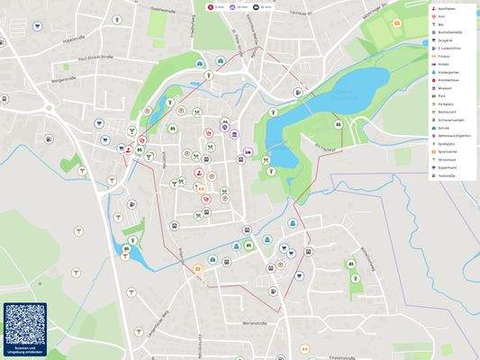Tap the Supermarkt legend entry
pyautogui.click(x=448, y=166)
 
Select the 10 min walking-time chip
pyautogui.click(x=239, y=7)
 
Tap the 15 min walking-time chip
pyautogui.click(x=262, y=7)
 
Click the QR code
pyautogui.click(x=24, y=322)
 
